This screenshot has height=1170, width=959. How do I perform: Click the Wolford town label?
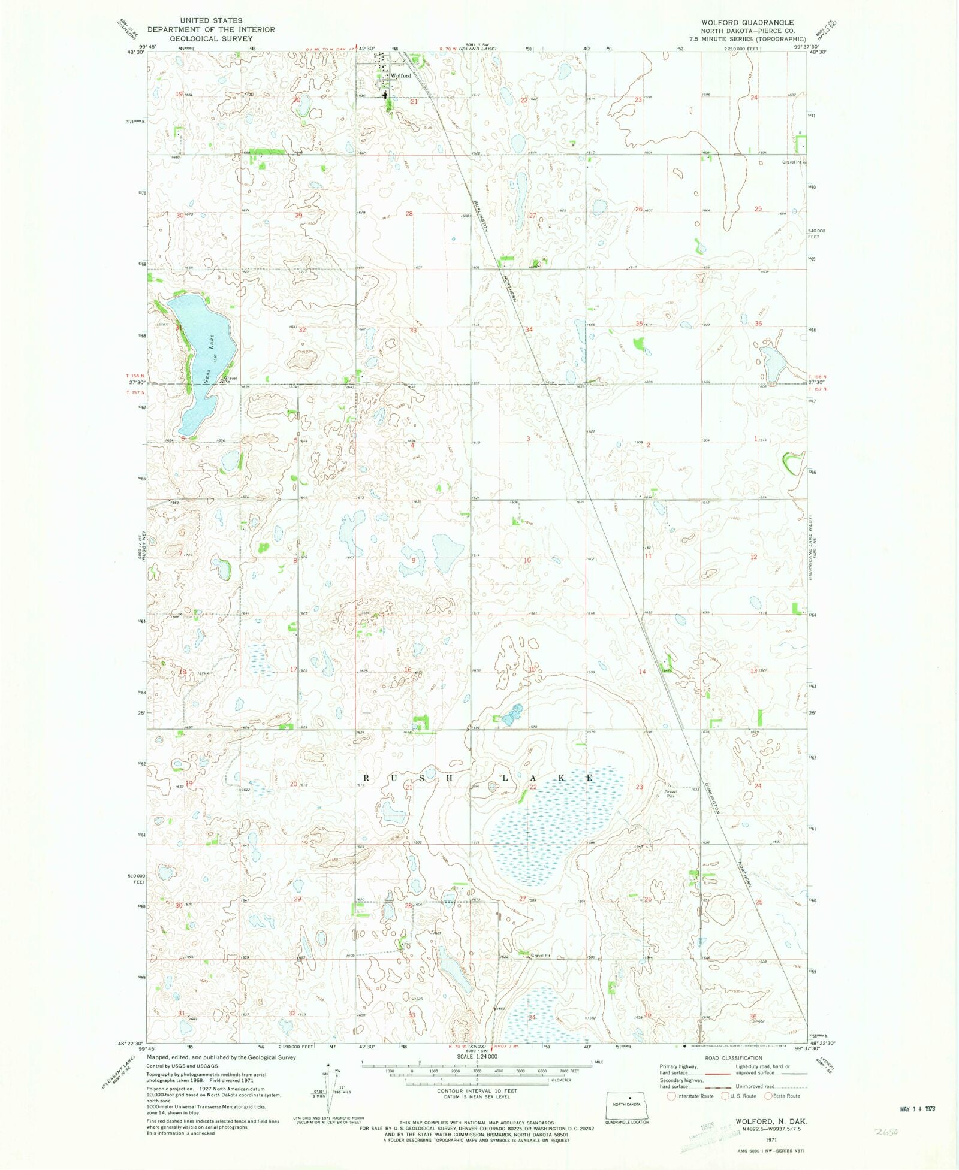pyautogui.click(x=400, y=76)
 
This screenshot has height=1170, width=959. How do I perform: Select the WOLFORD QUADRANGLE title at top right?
pyautogui.click(x=747, y=22)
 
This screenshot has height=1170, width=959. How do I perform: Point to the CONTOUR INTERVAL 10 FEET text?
pyautogui.click(x=477, y=1091)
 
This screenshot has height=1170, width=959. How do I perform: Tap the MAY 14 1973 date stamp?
pyautogui.click(x=917, y=1108)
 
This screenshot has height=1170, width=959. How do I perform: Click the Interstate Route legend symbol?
pyautogui.click(x=671, y=1096)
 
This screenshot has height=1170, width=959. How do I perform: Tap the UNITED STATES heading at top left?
pyautogui.click(x=211, y=20)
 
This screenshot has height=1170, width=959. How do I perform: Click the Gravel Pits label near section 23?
pyautogui.click(x=670, y=793)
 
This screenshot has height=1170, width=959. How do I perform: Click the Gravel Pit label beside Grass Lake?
pyautogui.click(x=230, y=380)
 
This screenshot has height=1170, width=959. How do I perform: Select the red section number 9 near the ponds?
pyautogui.click(x=414, y=560)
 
